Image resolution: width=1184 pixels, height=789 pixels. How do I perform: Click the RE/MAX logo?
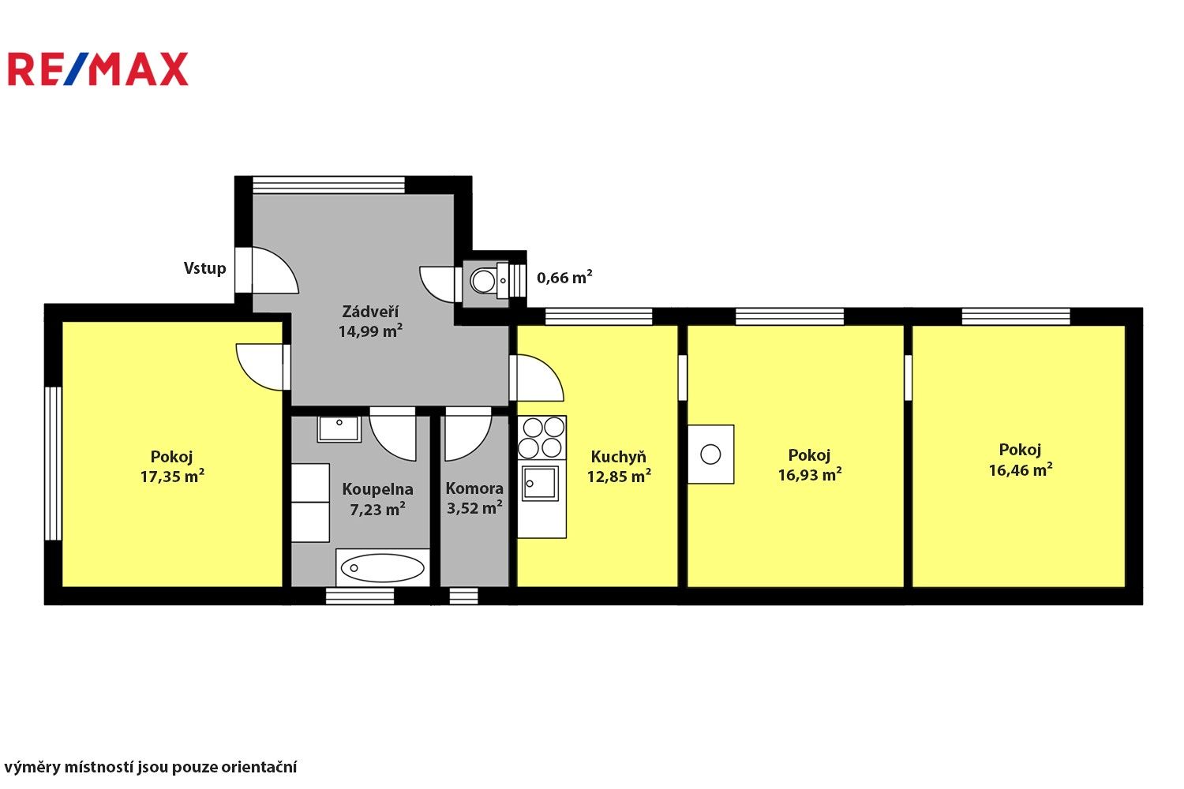[x=98, y=69]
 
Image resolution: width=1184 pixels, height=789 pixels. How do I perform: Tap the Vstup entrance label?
[x=204, y=268]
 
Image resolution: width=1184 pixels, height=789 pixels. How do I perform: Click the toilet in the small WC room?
[x=483, y=280]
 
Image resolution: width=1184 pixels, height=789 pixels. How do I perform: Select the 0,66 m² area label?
[x=564, y=278]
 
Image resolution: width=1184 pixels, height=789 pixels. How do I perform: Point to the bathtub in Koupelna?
[x=384, y=567]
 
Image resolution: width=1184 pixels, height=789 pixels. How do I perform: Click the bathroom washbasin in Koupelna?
[x=339, y=428]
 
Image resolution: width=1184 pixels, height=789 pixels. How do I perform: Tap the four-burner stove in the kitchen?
[x=541, y=438]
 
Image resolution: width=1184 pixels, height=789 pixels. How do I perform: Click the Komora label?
[x=474, y=488]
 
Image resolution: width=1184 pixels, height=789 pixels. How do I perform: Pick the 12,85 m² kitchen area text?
[x=619, y=476]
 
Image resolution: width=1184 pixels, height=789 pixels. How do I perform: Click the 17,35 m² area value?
[x=172, y=476]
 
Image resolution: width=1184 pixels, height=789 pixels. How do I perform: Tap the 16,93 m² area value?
[x=810, y=474]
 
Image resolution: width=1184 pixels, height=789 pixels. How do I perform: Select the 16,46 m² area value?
[x=1020, y=470]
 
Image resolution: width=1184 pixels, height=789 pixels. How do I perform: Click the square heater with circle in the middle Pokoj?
[x=710, y=454]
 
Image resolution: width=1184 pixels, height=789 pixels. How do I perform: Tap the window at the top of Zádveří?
[x=328, y=185]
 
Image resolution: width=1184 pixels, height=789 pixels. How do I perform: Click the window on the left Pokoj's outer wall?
[x=53, y=463]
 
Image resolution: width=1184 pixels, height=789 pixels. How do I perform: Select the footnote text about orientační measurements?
[x=151, y=767]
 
